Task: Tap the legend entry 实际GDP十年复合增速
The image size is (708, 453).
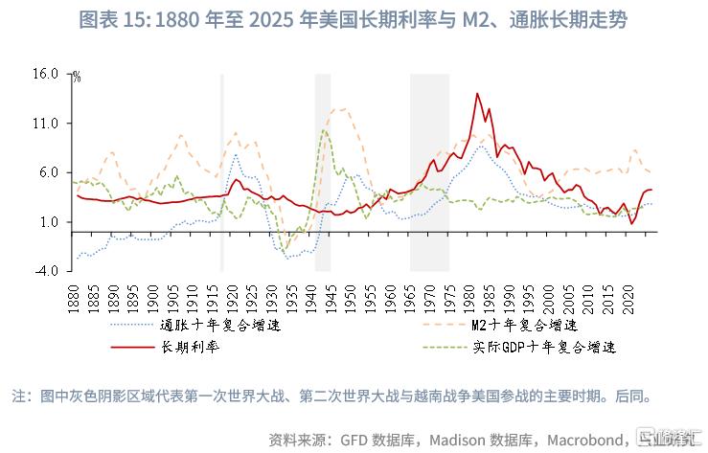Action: (x=540, y=346)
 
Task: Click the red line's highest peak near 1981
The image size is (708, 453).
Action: (x=476, y=94)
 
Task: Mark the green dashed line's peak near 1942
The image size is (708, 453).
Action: (x=325, y=130)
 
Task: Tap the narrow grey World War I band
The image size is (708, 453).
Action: (x=222, y=172)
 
